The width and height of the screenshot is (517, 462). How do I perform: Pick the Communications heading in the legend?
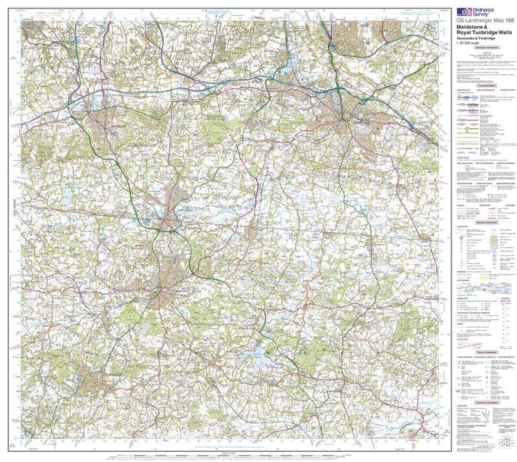484,85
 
